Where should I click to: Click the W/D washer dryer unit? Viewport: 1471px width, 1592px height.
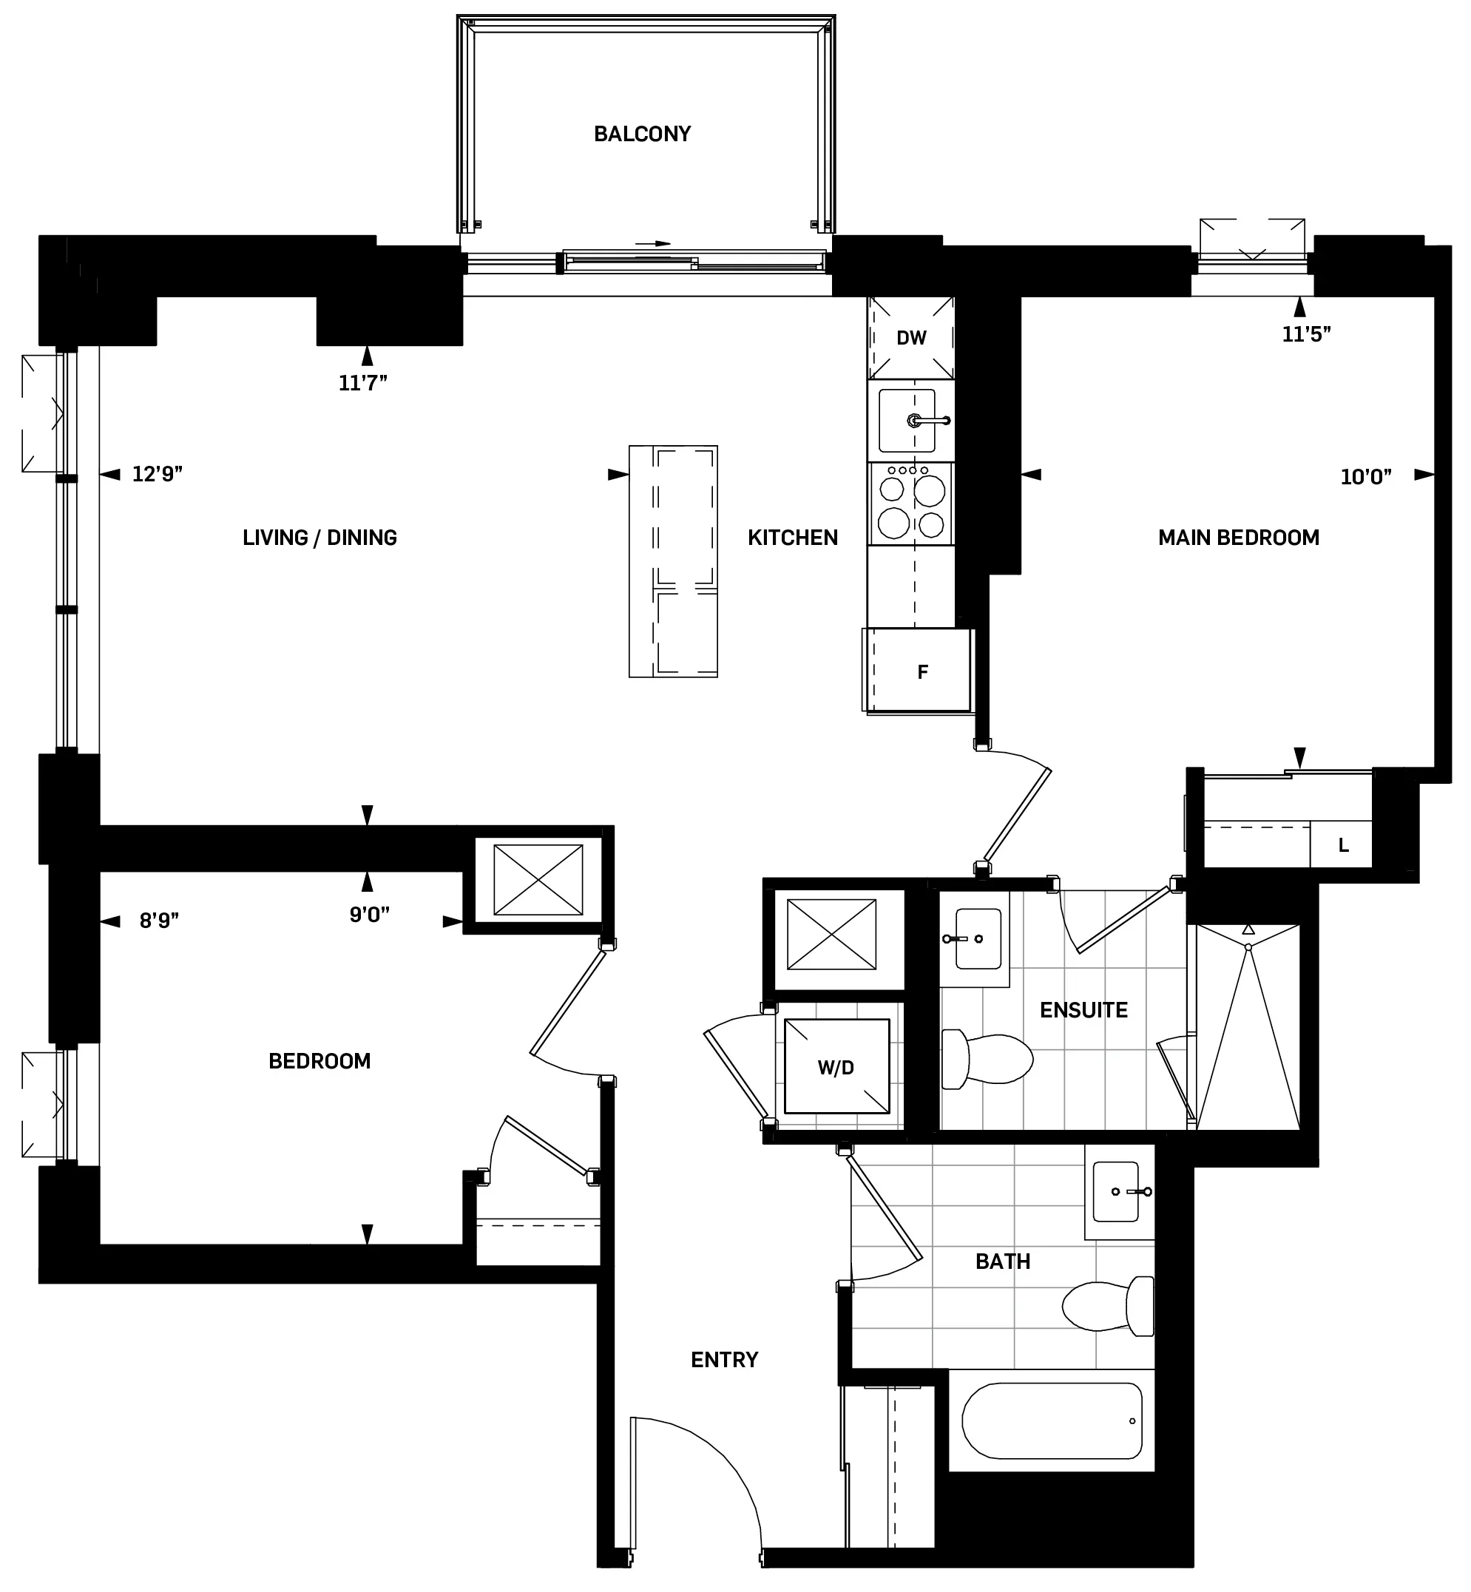coord(836,1068)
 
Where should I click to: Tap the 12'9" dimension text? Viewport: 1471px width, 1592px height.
coord(157,475)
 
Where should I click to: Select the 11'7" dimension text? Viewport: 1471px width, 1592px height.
coord(363,384)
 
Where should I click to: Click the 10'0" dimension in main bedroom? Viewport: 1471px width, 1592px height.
coord(1365,478)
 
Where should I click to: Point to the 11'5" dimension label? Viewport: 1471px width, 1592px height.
coord(1306,334)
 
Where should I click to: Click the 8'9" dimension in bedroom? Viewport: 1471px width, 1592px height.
coord(159,921)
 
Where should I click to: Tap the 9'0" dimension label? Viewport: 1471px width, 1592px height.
coord(369,915)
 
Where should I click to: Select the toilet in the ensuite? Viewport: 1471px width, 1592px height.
coord(987,1060)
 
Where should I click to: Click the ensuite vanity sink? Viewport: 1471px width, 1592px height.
coord(977,939)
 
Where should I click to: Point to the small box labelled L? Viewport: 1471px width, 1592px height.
coord(1343,845)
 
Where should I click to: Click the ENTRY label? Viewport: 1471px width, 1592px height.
coord(724,1360)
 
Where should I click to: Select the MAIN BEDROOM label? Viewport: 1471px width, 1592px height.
coord(1239,538)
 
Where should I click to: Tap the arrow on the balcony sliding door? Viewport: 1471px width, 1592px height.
coord(654,243)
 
